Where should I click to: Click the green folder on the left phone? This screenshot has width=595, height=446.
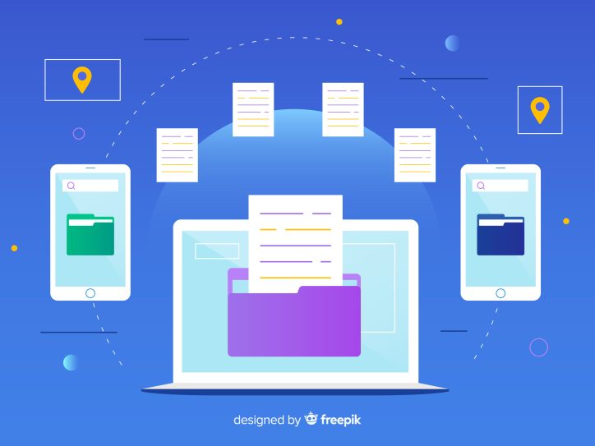[x=90, y=234]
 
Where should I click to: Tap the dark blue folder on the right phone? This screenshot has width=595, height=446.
[x=500, y=234]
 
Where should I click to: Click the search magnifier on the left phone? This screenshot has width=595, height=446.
[x=71, y=186]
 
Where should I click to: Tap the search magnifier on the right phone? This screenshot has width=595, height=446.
[x=481, y=186]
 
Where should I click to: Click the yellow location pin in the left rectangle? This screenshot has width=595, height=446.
[x=82, y=80]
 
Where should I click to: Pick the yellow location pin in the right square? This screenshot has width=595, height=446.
[x=540, y=110]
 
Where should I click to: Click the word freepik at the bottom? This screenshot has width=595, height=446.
[x=340, y=420]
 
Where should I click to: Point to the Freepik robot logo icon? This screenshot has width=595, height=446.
[x=311, y=418]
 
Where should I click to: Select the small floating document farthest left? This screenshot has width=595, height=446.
[x=178, y=155]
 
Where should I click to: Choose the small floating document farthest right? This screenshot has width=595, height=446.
[x=415, y=155]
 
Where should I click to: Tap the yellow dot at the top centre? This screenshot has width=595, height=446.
[x=339, y=22]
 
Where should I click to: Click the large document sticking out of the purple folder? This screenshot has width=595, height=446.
[x=296, y=243]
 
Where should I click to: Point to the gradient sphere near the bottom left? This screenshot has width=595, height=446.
[x=71, y=362]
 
